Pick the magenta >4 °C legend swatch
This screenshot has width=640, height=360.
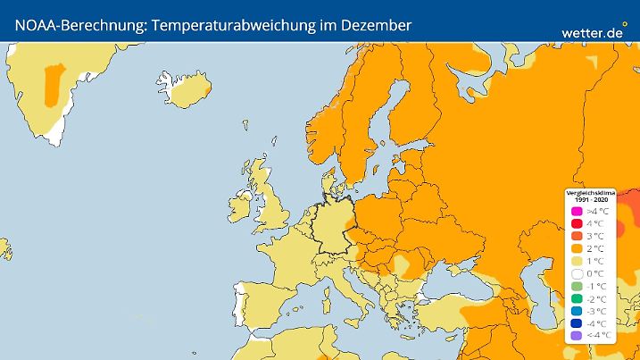576,211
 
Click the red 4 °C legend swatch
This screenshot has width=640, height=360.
576,223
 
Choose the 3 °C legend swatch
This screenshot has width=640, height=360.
576,236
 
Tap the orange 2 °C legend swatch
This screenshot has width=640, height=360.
576,248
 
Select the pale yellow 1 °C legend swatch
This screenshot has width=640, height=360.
576,261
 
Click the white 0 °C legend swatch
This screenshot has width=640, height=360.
576,273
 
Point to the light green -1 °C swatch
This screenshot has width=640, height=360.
576,286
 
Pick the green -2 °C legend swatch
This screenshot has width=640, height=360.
576,298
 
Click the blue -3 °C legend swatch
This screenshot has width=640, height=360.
576,311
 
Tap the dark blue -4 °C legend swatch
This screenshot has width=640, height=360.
576,323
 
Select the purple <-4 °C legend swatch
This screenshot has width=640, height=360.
576,336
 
